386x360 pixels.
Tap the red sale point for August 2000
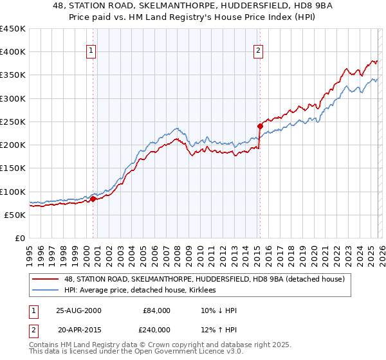coord(93,199)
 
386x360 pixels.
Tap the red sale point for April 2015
coord(260,126)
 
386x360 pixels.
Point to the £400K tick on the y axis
coord(13,52)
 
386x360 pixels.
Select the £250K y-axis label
coord(13,122)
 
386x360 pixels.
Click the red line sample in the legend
coord(46,279)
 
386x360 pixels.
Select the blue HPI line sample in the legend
coord(46,291)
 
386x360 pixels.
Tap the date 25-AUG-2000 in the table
coord(78,310)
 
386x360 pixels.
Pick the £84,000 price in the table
coord(156,310)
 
